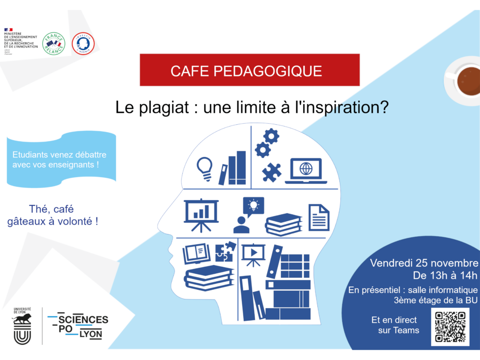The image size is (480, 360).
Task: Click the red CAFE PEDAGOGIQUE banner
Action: point(249,70)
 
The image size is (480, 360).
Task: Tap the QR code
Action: point(450,326)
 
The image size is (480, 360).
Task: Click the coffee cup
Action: point(465,79)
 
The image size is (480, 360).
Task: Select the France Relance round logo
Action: point(53,44)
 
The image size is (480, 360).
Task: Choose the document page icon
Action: point(319,217)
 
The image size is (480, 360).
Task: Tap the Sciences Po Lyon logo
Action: point(78,325)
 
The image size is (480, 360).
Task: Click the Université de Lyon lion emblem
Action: point(22,325)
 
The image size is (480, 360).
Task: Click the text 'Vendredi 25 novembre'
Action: point(424,262)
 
